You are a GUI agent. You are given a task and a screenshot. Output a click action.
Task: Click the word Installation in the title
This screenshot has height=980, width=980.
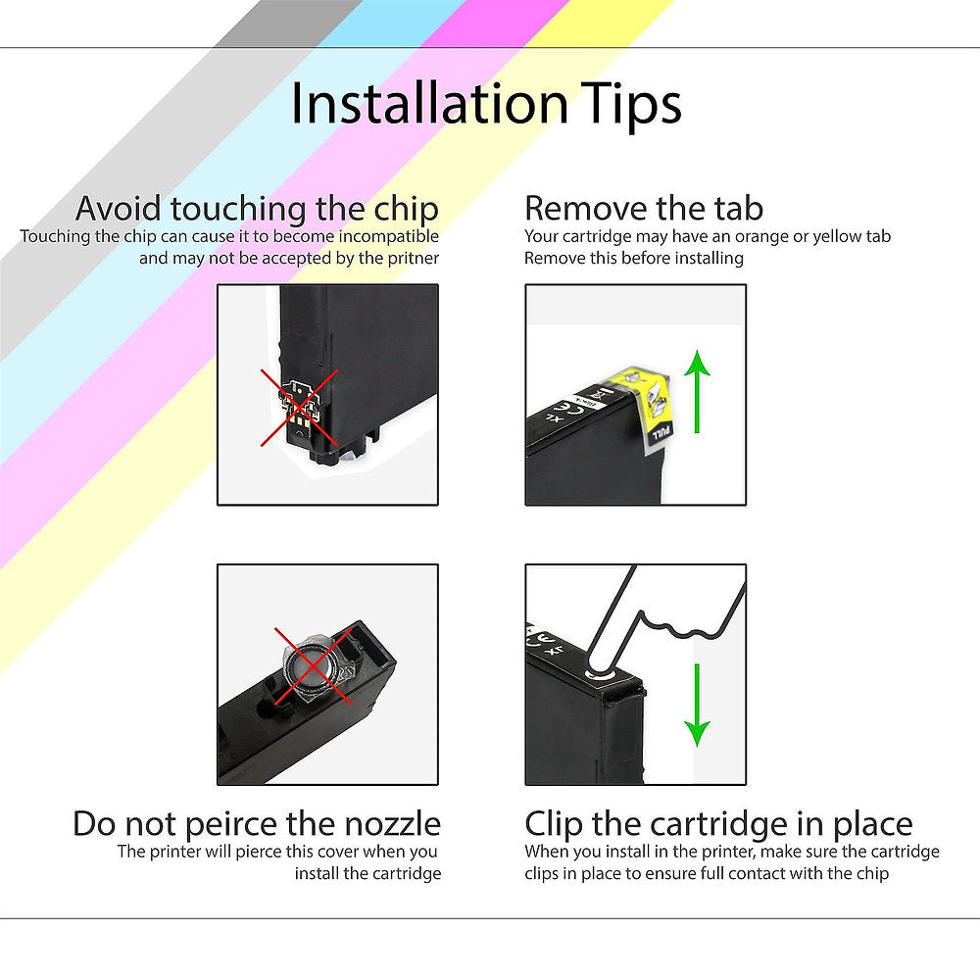coord(429,104)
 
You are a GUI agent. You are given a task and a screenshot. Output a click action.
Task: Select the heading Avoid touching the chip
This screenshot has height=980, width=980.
coord(258,209)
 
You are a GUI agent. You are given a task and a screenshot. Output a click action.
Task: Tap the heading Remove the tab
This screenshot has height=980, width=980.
coord(644,209)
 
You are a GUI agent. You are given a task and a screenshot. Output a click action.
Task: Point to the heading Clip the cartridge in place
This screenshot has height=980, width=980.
coord(718,823)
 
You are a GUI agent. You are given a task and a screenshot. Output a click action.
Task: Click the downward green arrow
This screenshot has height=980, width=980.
coord(697,704)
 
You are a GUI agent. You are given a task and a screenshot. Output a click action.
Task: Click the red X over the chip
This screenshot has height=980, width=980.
coord(299,407)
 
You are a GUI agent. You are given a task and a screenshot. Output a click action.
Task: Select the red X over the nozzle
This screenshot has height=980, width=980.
coord(307,664)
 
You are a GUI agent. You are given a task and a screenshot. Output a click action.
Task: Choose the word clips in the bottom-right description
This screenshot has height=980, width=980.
coord(549,872)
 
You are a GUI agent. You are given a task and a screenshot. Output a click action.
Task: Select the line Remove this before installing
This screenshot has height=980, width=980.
coord(634,259)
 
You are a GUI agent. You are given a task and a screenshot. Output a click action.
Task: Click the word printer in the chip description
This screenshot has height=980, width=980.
coord(412,259)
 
